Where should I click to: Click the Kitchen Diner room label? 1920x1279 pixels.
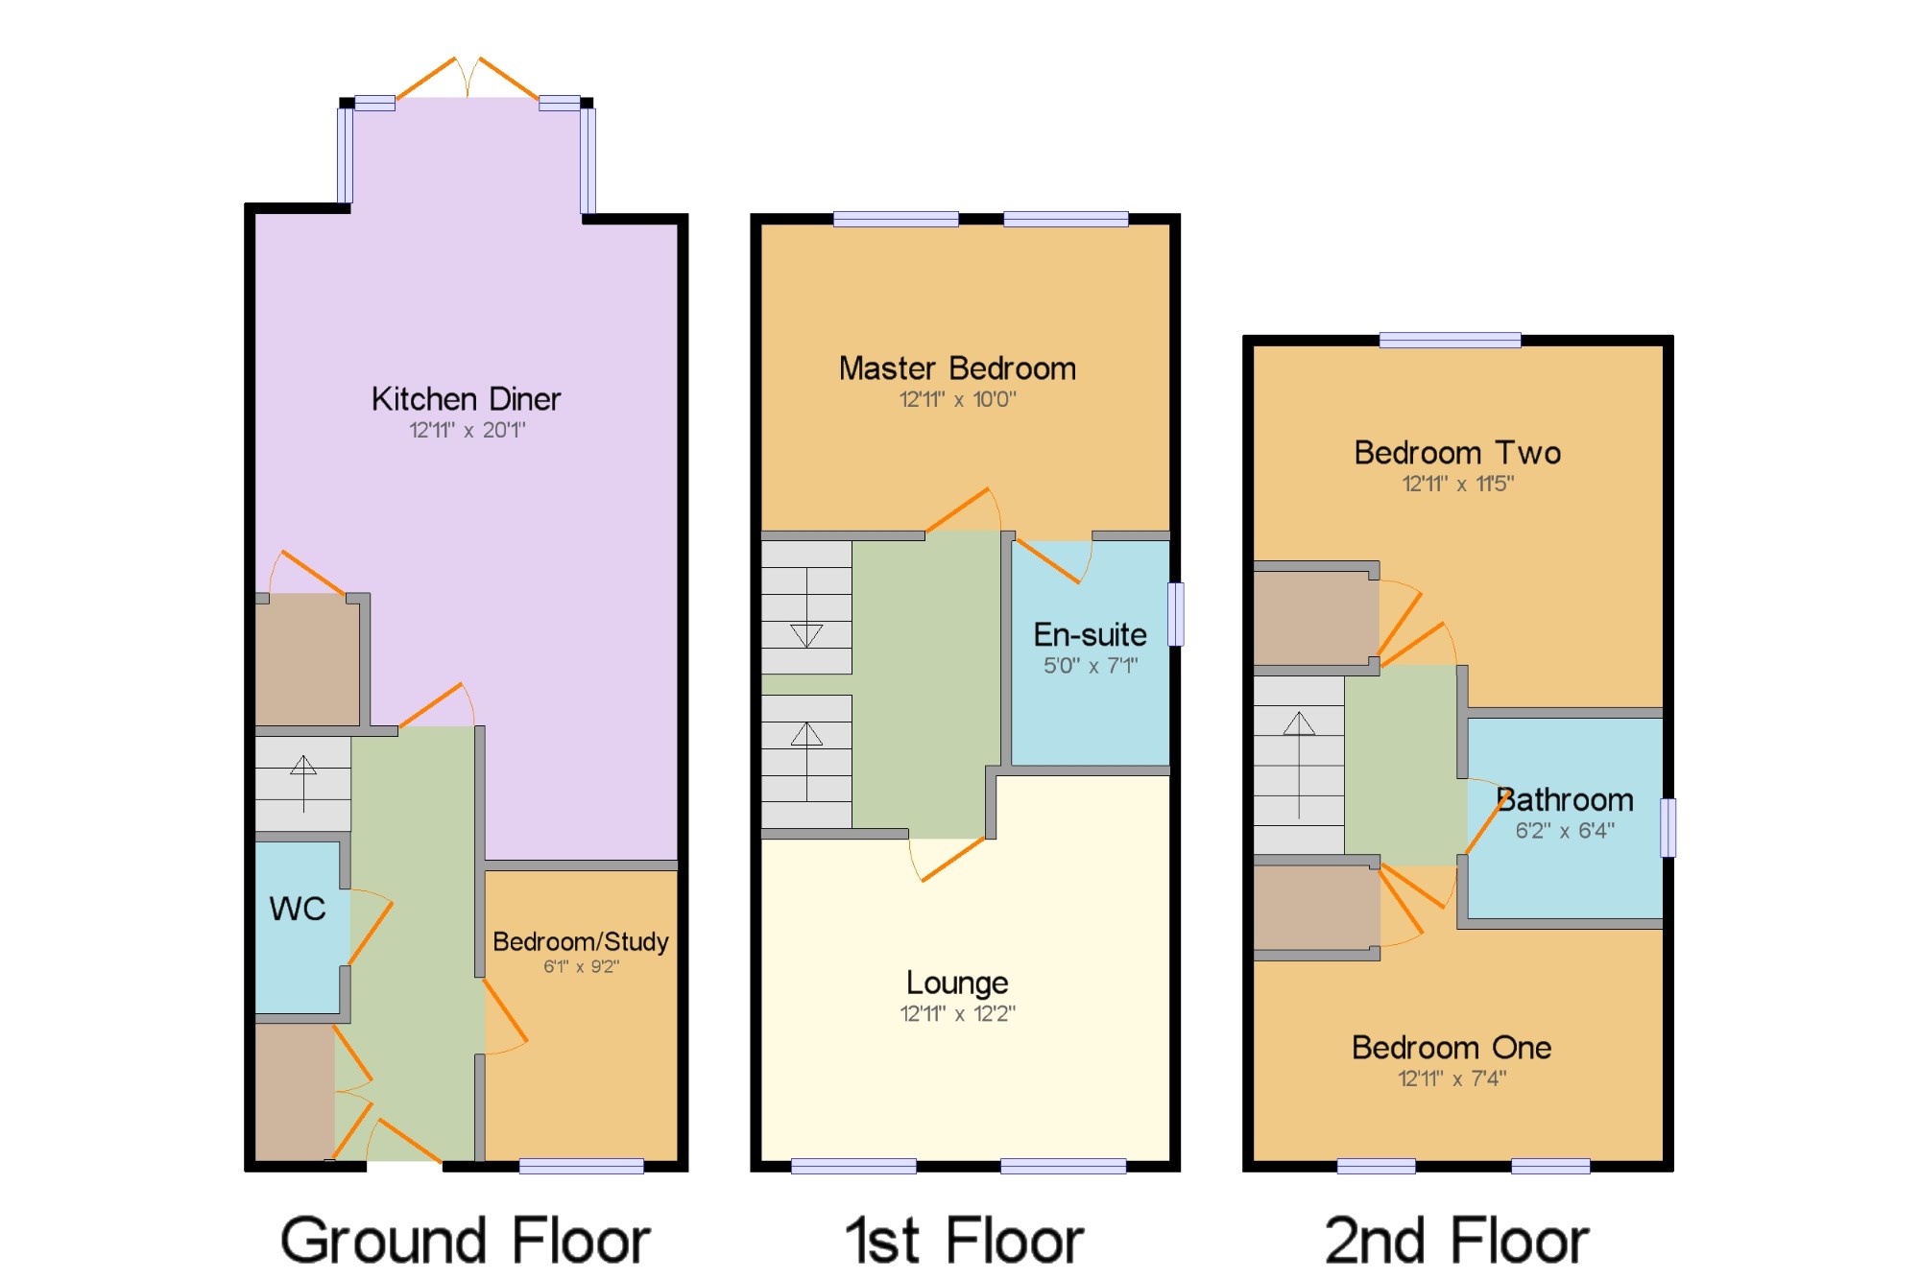coord(466,399)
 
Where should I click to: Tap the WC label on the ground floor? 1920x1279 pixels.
coord(298,909)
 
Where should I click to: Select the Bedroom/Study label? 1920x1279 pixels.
coord(581,942)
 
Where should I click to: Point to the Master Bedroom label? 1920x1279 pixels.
coord(957,368)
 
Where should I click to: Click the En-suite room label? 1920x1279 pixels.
coord(1090,634)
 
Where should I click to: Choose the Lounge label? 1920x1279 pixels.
coord(957,983)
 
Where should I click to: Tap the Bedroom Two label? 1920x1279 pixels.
coord(1457,453)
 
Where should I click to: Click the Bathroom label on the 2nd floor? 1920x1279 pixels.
coord(1565,800)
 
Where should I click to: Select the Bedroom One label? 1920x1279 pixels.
coord(1452,1048)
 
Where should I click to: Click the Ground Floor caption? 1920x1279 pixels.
coord(466,1241)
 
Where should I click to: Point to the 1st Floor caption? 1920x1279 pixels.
coord(964,1241)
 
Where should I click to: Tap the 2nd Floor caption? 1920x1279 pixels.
coord(1456,1241)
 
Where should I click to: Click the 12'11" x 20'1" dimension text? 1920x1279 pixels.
coord(468,430)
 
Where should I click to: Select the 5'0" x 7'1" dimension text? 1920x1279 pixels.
coord(1091,665)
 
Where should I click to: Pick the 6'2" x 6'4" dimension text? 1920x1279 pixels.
coord(1565,831)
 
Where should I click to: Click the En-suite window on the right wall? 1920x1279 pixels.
coord(1175,614)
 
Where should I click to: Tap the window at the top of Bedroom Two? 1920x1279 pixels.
coord(1450,340)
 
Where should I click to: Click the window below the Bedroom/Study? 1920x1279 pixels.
coord(582,1166)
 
